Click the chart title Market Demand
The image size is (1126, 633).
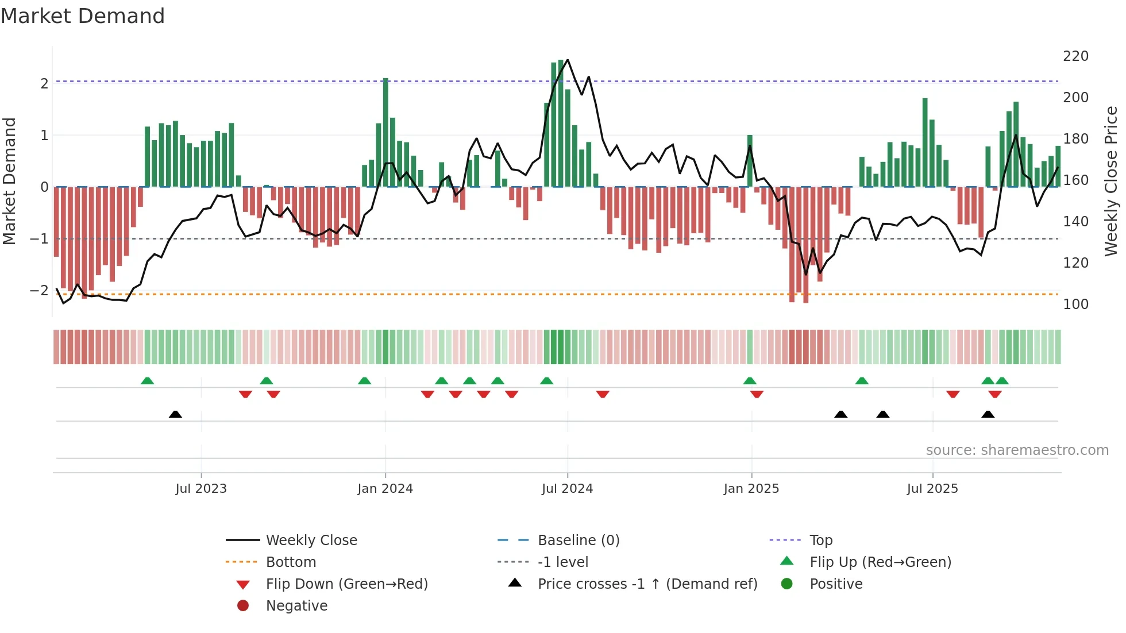(x=83, y=16)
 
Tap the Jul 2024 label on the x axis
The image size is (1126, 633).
(x=567, y=489)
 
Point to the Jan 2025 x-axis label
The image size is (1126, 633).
(x=751, y=489)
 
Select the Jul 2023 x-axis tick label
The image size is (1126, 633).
(x=201, y=489)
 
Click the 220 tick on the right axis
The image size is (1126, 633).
(x=1075, y=56)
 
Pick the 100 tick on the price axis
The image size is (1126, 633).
(x=1075, y=304)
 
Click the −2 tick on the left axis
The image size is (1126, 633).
(x=39, y=291)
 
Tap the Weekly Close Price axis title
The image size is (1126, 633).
(x=1111, y=181)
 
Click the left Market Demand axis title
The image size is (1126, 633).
(x=10, y=181)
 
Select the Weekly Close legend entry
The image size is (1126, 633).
(x=311, y=541)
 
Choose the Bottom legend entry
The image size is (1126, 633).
(x=291, y=562)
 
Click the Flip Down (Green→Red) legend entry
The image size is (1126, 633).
(x=346, y=584)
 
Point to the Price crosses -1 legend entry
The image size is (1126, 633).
(x=647, y=584)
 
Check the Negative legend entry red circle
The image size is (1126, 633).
(x=243, y=606)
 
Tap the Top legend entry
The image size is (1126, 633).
(x=821, y=541)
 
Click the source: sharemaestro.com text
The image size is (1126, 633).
(x=1017, y=450)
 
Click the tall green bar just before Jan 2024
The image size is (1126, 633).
(x=385, y=132)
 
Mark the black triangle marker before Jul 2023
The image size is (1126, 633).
(x=175, y=415)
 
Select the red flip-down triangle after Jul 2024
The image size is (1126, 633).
(x=603, y=394)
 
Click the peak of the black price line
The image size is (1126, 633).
(x=568, y=60)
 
